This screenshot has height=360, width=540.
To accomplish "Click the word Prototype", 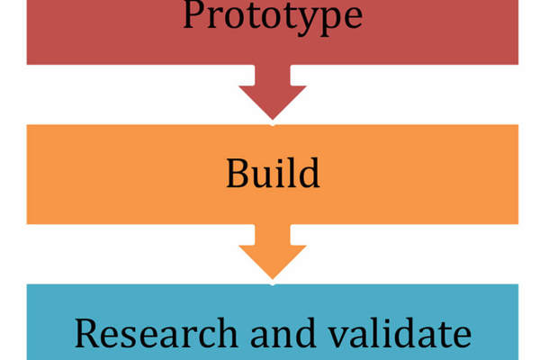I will pos(273,15).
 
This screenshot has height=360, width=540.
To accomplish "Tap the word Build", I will pos(273,174).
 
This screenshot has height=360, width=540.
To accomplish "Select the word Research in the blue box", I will pos(152,333).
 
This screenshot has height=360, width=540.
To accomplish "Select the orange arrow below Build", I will pos(273,252).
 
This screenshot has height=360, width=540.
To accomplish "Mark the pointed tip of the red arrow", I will pos(273,118).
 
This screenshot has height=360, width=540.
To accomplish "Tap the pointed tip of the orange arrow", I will pos(273,276).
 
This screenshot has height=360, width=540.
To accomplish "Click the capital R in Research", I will pos(86,333).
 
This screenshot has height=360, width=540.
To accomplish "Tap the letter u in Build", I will pos(263,176).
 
